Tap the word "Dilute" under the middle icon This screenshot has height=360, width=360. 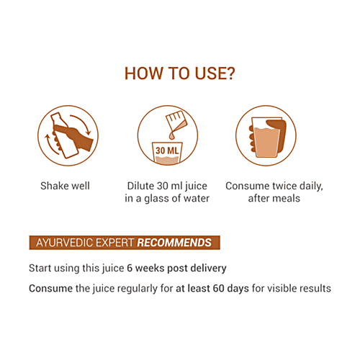tap(141, 186)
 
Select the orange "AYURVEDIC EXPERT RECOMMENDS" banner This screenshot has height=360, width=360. tap(124, 243)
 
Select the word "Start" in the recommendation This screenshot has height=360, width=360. tap(41, 269)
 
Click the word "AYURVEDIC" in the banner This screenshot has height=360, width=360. tap(60, 243)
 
